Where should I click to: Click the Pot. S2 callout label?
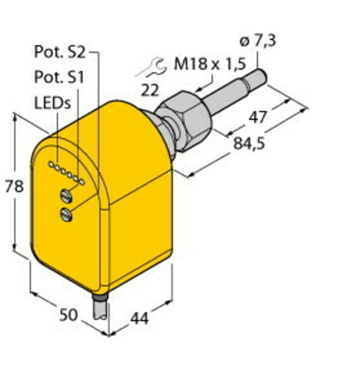[x=60, y=52]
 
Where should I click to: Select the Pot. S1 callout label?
[x=60, y=77]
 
